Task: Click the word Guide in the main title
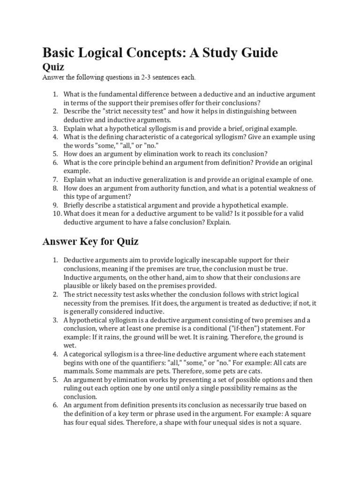[257, 53]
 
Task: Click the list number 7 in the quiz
[54, 180]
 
